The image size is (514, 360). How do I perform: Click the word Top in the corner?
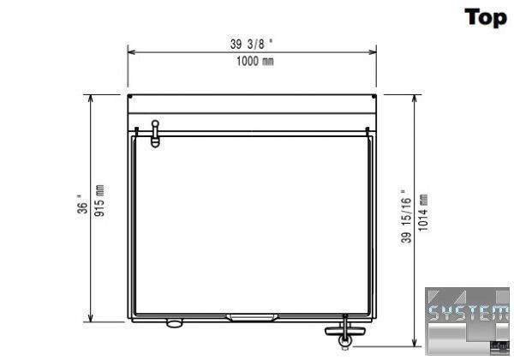486,18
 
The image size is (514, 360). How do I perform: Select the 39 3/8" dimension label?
251,44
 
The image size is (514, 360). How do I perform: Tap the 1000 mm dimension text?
255,61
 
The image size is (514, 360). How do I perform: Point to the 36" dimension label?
82,205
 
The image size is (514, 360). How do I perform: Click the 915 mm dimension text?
99,201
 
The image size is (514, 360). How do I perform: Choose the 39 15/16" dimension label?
406,216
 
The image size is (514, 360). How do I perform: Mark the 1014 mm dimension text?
423,213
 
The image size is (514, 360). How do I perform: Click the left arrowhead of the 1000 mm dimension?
131,51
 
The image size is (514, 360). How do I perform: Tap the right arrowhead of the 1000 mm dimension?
373,51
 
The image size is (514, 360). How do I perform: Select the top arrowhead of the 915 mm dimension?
91,99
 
